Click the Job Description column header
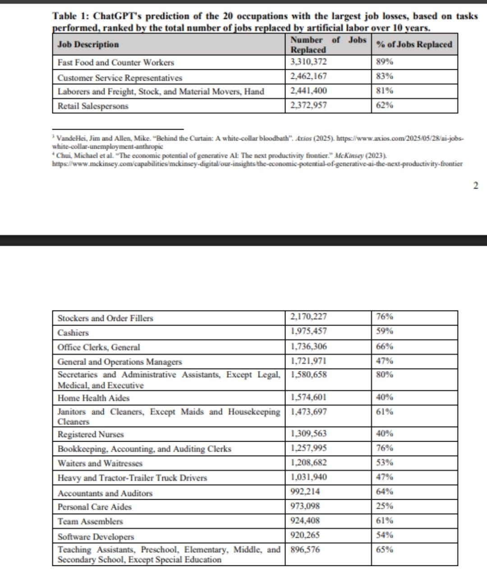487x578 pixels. point(88,45)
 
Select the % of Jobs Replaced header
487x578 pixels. point(413,45)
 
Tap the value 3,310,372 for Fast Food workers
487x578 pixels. point(309,62)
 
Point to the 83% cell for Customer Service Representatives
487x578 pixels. point(384,77)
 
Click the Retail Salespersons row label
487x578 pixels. point(93,106)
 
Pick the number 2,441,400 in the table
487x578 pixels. point(309,91)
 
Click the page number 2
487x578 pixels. point(475,185)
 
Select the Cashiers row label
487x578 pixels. point(73,333)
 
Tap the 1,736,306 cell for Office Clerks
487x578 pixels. point(309,347)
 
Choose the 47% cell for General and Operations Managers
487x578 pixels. point(384,361)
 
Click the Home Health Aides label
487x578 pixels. point(93,398)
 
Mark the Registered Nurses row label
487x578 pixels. point(91,434)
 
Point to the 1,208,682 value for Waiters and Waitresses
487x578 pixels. point(309,463)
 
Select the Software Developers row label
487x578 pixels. point(96,537)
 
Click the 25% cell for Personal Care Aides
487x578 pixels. point(384,506)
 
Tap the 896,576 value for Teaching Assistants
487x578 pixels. point(305,550)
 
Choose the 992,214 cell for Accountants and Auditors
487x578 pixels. point(305,492)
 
